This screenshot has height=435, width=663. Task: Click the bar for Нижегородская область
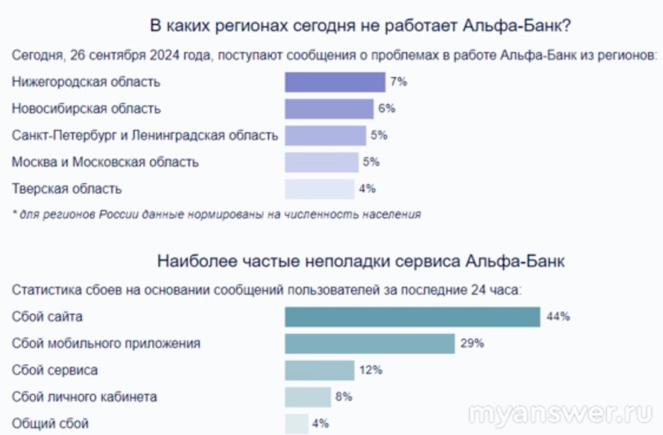click(x=335, y=82)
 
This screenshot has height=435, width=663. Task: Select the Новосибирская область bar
click(x=330, y=109)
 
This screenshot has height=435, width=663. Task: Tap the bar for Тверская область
click(x=320, y=189)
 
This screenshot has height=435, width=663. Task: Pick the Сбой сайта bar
click(x=412, y=316)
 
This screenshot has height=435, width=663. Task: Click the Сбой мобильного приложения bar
click(x=369, y=344)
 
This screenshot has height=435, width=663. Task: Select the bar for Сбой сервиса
click(x=320, y=370)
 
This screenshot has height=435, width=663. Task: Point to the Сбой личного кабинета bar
click(x=308, y=397)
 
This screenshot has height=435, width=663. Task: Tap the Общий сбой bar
click(x=296, y=424)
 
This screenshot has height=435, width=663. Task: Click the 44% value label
click(x=558, y=316)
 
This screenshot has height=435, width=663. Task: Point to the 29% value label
click(x=472, y=344)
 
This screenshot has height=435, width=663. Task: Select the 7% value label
click(x=398, y=82)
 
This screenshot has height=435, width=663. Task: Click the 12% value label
click(x=371, y=370)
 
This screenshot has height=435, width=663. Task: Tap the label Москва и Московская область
click(x=105, y=162)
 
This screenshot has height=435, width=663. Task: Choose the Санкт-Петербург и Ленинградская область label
click(x=145, y=136)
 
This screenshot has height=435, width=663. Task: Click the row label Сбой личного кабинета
click(x=84, y=397)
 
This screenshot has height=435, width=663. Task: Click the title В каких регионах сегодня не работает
click(x=362, y=27)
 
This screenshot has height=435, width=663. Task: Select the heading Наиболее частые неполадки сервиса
click(x=361, y=261)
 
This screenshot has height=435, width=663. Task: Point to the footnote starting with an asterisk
click(x=216, y=214)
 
